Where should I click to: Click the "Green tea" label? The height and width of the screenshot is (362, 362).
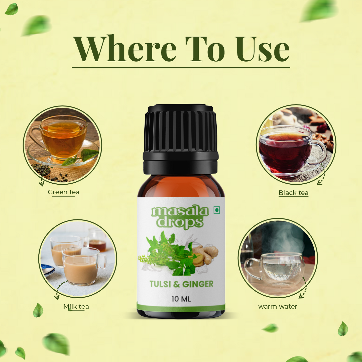[x=63, y=192]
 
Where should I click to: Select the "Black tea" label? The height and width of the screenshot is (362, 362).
[x=293, y=193]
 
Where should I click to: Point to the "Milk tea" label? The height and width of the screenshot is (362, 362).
[x=76, y=306]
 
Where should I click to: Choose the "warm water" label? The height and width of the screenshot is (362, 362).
[x=278, y=306]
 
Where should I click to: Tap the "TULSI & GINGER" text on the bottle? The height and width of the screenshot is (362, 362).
[x=181, y=284]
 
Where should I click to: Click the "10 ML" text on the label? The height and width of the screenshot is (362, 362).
[x=181, y=299]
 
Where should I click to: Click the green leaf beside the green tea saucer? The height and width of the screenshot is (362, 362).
[x=81, y=157]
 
